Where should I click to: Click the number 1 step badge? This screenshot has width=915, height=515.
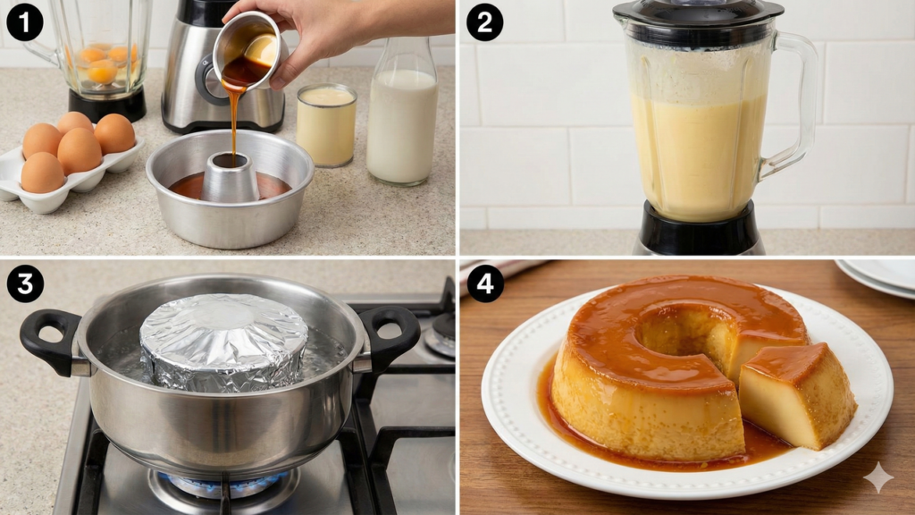(x=24, y=22)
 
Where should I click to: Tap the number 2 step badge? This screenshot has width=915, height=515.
(x=484, y=22)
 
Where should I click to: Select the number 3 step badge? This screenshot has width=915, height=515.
(x=24, y=283)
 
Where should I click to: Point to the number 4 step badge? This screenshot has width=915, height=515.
(x=484, y=283)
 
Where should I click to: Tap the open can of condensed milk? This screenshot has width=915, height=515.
(x=326, y=125)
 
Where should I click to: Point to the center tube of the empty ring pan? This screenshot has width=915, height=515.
(x=230, y=177)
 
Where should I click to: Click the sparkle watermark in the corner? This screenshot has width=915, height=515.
(x=878, y=477)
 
